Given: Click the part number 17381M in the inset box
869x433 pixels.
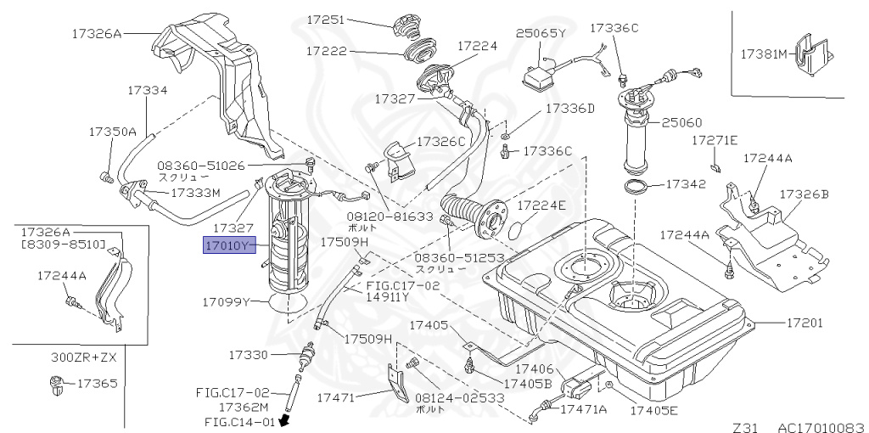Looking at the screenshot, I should pos(764,53).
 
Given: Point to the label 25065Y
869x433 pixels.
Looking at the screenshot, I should pos(541,33).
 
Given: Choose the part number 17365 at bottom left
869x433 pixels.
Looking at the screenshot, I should pos(97,384).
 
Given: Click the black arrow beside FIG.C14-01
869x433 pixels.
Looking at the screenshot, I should pos(284,419).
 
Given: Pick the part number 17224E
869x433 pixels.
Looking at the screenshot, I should pos(541,205).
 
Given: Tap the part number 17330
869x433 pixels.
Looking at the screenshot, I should pos(249,354).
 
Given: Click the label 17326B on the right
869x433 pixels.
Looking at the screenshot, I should pos(803,194).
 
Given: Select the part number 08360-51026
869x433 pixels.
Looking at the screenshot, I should pos(200,166).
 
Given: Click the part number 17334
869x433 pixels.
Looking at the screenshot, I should pos(148,89).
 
